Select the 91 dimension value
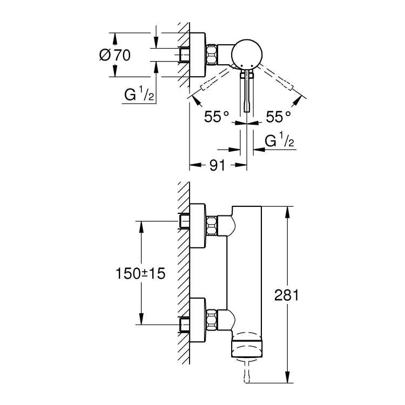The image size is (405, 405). click(216, 166)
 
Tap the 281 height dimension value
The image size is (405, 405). click(287, 295)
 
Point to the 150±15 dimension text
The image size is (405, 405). click(139, 273)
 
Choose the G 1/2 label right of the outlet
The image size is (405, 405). click(279, 141)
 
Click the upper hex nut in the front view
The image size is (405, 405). click(211, 226)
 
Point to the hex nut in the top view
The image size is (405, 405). click(212, 55)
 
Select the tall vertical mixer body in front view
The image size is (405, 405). click(247, 270)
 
